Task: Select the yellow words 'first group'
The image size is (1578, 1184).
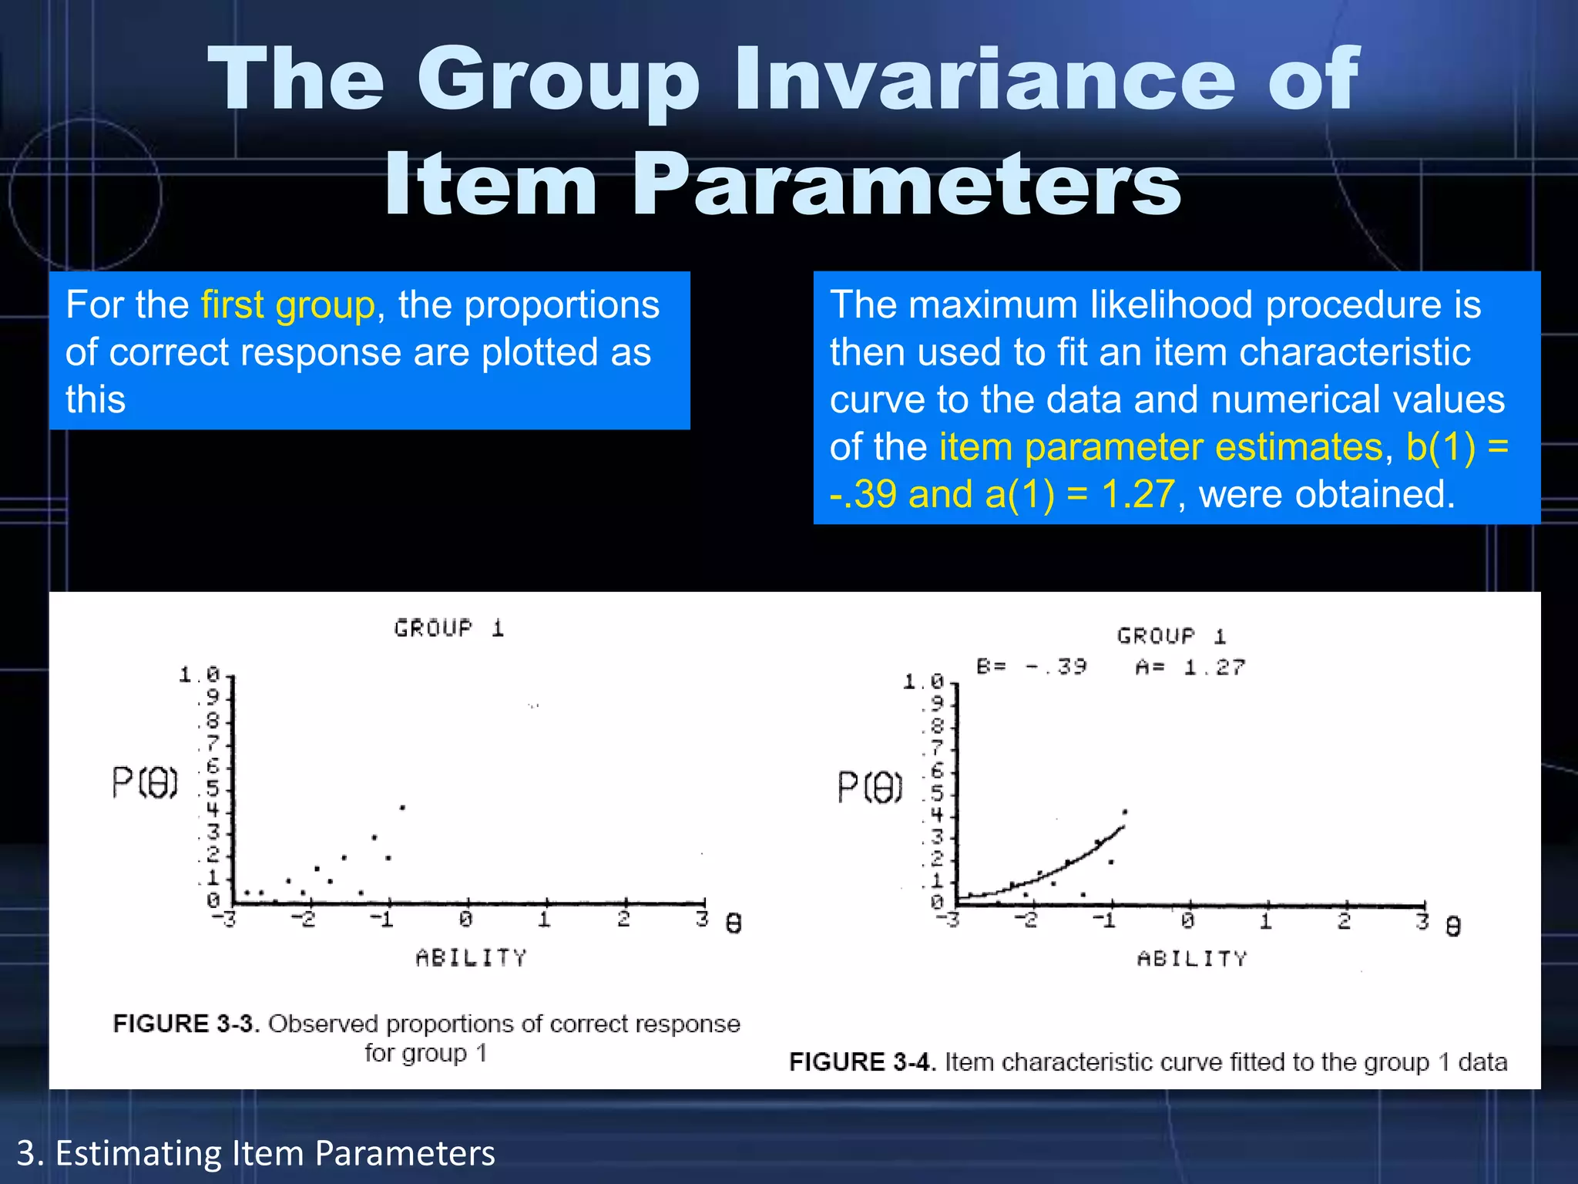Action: point(287,305)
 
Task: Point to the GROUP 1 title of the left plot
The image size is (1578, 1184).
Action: point(449,628)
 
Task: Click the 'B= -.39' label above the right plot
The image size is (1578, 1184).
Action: point(1031,666)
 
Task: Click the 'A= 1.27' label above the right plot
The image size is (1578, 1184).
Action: point(1190,667)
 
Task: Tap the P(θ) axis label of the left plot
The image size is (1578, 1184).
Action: point(145,783)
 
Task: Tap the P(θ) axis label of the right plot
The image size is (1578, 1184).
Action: point(870,788)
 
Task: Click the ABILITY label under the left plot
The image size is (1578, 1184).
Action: point(472,957)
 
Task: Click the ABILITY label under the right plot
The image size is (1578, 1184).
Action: point(1192,959)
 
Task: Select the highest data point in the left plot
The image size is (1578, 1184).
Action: point(402,808)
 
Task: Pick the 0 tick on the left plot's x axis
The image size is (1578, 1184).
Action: point(466,919)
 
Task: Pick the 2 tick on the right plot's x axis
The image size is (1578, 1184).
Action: point(1345,920)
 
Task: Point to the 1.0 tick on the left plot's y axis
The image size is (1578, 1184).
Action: point(199,675)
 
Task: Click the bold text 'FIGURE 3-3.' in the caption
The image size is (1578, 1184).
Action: point(186,1024)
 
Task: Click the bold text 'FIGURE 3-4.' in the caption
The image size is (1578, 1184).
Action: point(862,1062)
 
